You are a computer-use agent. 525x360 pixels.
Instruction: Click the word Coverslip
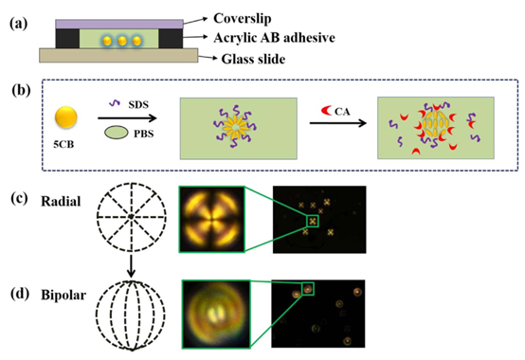[242, 19]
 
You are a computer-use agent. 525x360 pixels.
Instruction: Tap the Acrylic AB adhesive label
[274, 38]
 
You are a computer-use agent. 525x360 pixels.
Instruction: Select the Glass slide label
[253, 59]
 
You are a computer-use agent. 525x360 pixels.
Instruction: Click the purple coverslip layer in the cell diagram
[119, 24]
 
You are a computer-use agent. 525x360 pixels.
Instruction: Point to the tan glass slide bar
[118, 55]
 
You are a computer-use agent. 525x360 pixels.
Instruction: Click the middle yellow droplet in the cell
[122, 41]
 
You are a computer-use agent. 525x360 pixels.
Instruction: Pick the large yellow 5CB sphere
[66, 117]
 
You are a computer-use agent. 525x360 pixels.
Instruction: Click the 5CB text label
[63, 145]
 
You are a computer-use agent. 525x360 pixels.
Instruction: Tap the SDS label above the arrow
[138, 105]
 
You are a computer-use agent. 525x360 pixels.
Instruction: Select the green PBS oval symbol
[117, 133]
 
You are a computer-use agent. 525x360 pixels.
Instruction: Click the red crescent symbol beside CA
[326, 110]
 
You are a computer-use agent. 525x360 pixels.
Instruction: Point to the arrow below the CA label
[337, 123]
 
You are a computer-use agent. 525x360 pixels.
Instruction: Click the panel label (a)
[18, 24]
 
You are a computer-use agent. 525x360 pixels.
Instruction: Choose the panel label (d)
[19, 294]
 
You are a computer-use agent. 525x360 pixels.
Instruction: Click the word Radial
[61, 202]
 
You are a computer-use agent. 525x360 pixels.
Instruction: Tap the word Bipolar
[63, 295]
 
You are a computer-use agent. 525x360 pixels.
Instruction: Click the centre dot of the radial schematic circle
[131, 217]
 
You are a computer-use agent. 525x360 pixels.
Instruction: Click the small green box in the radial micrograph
[313, 221]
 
